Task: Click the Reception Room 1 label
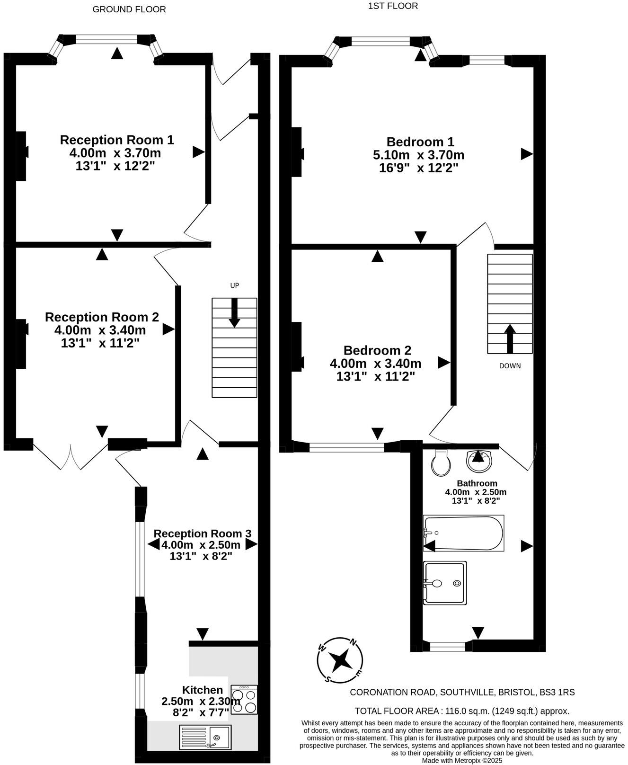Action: click(x=117, y=140)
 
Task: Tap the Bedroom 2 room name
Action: click(x=377, y=350)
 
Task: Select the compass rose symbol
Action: click(x=340, y=661)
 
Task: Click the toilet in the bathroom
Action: click(x=441, y=463)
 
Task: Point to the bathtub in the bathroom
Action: click(x=463, y=533)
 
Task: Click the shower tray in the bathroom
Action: click(x=445, y=583)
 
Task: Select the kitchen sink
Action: click(x=205, y=738)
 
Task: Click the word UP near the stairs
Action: click(x=234, y=285)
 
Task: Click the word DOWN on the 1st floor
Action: click(x=510, y=366)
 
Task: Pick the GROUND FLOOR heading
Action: click(x=129, y=9)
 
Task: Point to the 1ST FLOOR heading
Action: click(x=393, y=6)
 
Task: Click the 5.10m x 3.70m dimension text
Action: click(x=418, y=155)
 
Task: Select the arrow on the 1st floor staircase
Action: click(x=510, y=338)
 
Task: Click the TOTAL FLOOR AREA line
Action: click(x=462, y=711)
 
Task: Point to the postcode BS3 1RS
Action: click(x=557, y=692)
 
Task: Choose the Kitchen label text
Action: click(x=202, y=690)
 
